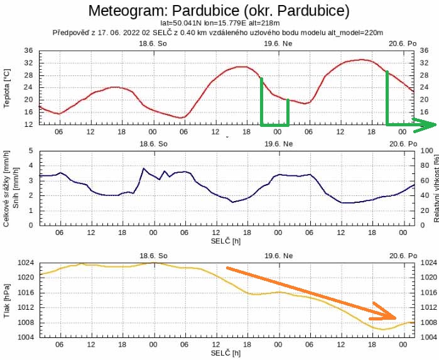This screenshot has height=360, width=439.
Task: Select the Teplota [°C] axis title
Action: (6, 88)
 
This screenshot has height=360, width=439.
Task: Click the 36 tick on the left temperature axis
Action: (29, 51)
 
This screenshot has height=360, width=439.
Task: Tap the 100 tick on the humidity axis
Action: (426, 151)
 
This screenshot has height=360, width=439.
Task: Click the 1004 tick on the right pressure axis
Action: (428, 337)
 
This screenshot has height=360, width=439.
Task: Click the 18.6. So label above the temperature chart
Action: (153, 45)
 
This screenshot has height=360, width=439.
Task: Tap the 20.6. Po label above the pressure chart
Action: (403, 255)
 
